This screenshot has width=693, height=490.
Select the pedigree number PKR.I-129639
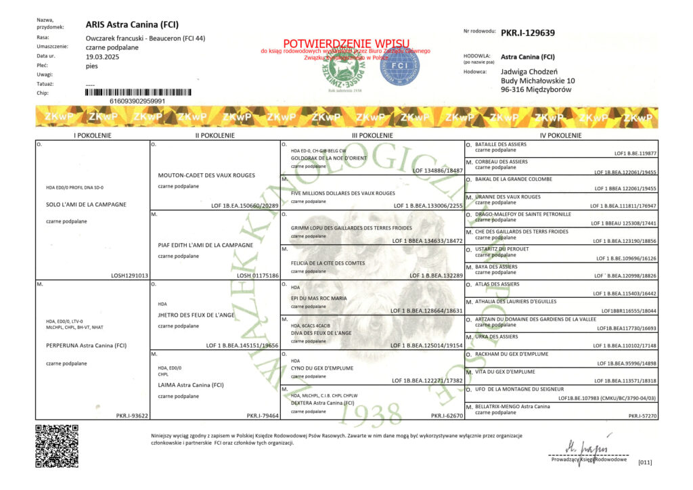[x=528, y=32]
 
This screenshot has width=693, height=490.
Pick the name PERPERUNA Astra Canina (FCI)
[x=87, y=345]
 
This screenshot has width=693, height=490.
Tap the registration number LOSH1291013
[x=129, y=275]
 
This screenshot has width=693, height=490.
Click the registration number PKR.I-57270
[x=642, y=416]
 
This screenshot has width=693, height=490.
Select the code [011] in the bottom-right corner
[x=645, y=462]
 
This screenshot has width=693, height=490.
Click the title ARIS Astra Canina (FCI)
[x=132, y=25]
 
